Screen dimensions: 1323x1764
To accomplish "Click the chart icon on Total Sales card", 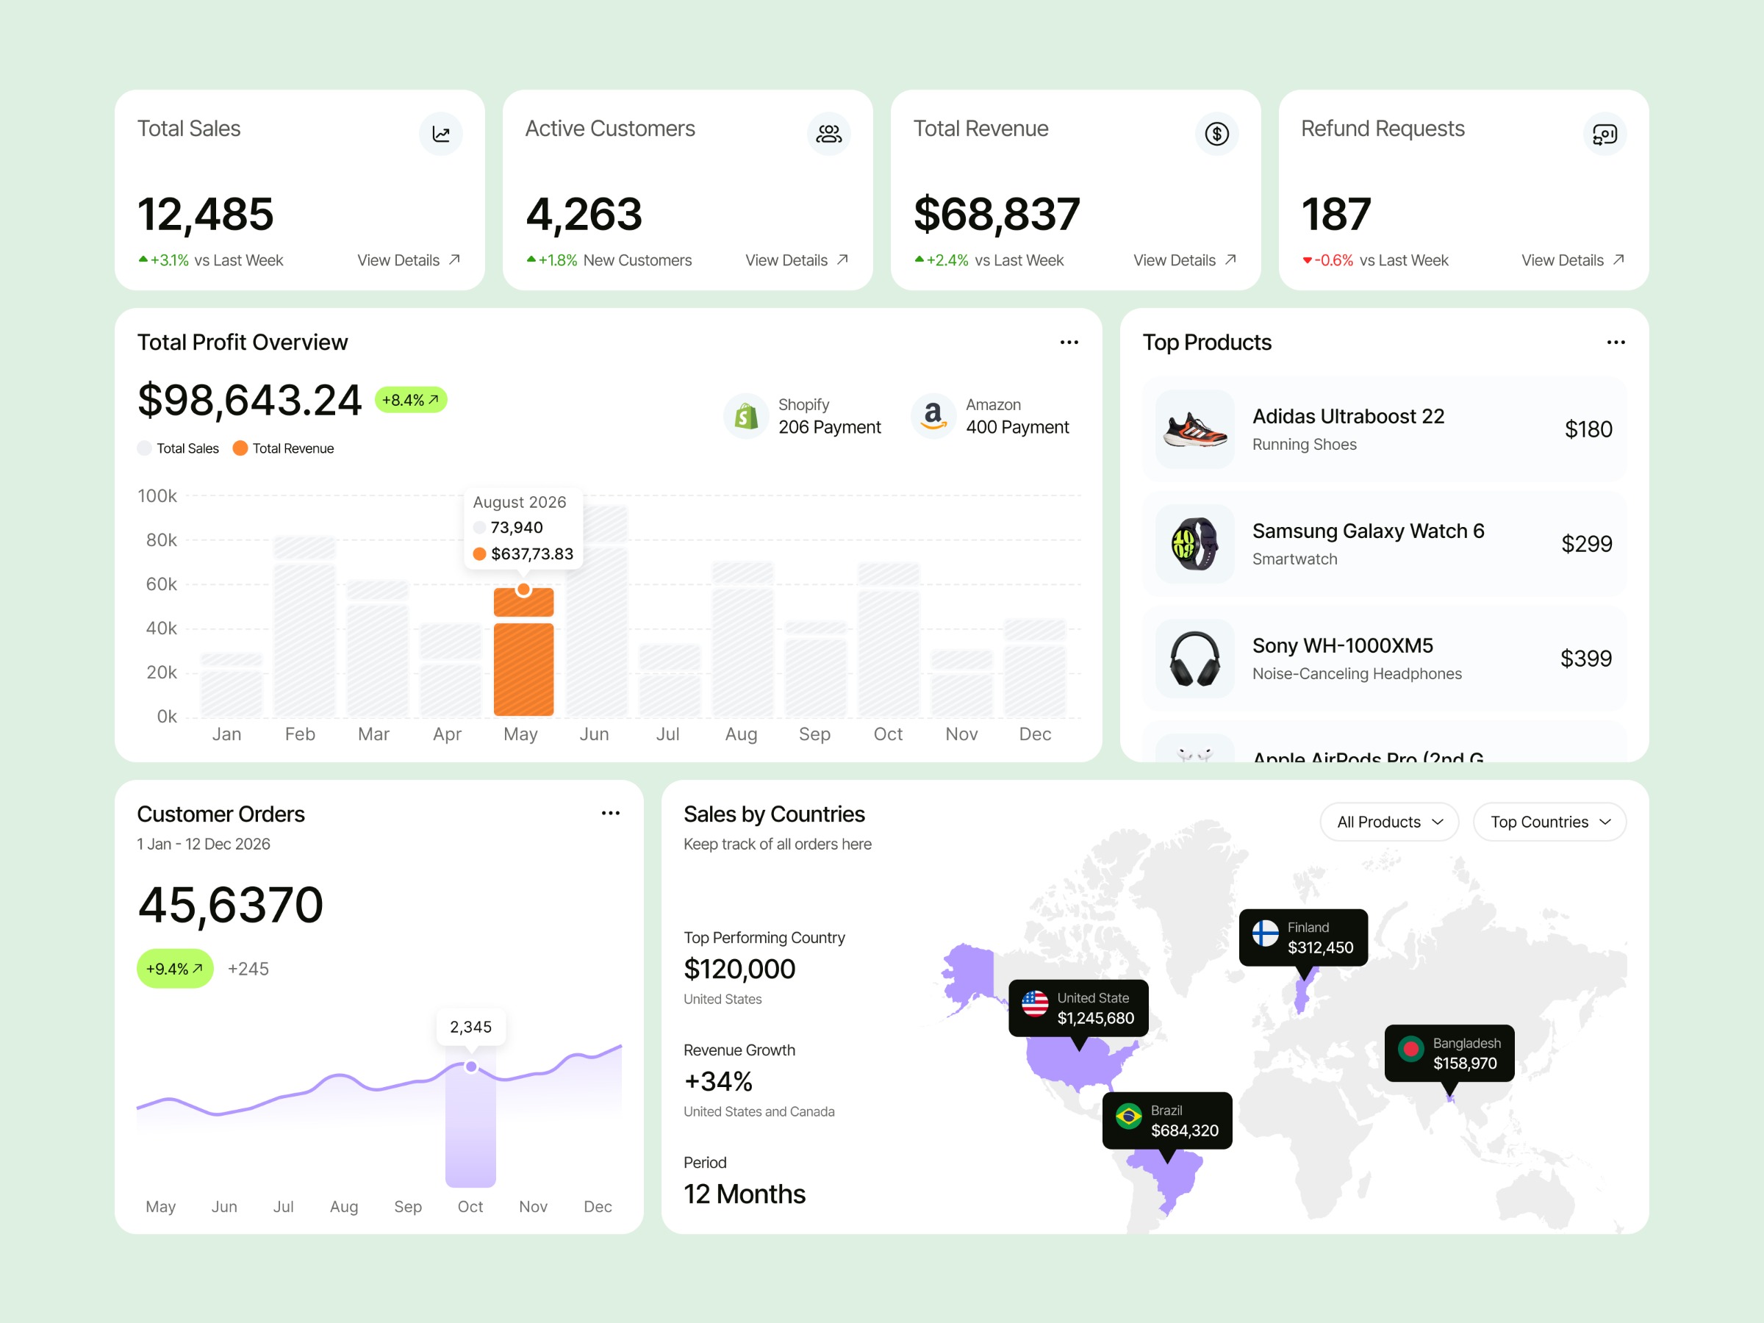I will click(441, 134).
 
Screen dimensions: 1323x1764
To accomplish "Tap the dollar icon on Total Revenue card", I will click(1216, 134).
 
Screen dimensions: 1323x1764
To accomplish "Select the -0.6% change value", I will click(1333, 260).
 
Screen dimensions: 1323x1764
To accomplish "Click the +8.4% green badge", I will click(411, 400).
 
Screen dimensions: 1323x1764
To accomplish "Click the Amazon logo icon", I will click(933, 415).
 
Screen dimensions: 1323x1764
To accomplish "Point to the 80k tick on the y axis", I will click(162, 540).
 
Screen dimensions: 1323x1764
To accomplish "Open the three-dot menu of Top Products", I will click(1616, 342).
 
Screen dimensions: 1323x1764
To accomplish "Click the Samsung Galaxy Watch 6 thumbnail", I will click(1194, 544).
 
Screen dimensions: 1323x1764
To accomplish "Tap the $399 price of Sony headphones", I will click(1585, 659).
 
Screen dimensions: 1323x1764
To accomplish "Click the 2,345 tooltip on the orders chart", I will click(470, 1026).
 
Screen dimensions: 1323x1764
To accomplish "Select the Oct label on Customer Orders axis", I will click(470, 1207).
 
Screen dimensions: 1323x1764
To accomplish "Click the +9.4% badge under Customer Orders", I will click(175, 969).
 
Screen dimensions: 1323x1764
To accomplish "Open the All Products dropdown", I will click(1389, 822).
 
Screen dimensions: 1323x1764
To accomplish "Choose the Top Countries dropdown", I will click(1549, 822).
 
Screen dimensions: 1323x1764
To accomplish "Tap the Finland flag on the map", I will click(1265, 933).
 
